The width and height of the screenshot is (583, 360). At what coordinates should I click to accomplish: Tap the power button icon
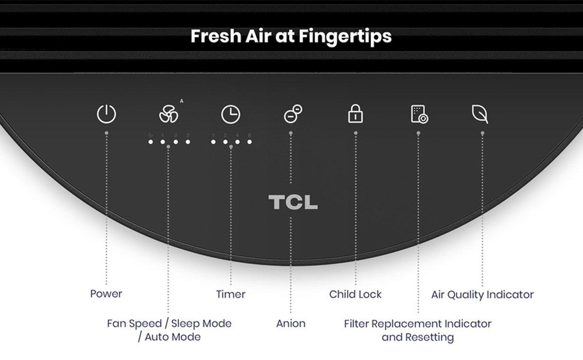(x=106, y=115)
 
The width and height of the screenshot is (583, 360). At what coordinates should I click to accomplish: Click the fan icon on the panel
(x=169, y=115)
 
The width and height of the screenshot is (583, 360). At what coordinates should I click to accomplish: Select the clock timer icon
(x=231, y=115)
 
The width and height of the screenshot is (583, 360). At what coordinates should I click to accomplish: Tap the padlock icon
(x=355, y=115)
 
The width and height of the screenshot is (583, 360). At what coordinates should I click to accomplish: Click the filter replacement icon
(x=418, y=115)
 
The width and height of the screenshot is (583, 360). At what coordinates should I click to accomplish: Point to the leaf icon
(x=480, y=114)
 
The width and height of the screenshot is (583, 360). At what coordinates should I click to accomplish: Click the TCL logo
(x=293, y=203)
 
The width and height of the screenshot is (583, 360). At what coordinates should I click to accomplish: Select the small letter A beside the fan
(x=182, y=101)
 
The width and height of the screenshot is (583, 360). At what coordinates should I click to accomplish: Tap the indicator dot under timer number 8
(x=250, y=142)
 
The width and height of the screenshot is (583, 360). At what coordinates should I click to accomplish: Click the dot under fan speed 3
(x=188, y=142)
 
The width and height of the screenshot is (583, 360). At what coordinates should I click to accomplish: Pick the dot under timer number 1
(x=214, y=142)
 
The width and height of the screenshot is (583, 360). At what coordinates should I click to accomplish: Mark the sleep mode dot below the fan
(x=151, y=142)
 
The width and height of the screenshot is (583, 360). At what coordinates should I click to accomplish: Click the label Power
(x=106, y=293)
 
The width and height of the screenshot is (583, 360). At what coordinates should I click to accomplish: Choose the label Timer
(x=231, y=294)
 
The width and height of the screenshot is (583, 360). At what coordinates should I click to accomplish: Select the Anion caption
(x=291, y=323)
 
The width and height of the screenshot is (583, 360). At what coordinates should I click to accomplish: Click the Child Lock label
(x=355, y=294)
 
